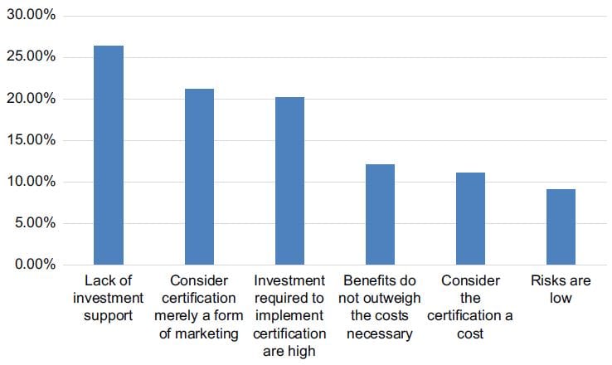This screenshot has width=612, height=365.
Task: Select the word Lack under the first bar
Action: [x=96, y=281]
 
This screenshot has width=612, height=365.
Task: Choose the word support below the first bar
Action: [x=109, y=316]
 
